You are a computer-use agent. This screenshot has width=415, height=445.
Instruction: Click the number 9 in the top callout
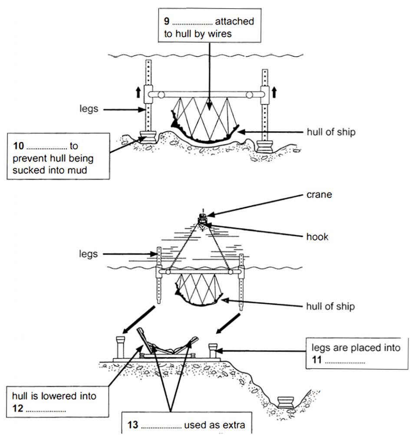(166, 21)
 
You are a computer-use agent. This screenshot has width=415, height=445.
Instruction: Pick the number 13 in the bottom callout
(132, 425)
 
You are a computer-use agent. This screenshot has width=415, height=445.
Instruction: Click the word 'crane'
(319, 195)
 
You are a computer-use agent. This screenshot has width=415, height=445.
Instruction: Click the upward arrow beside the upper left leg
(138, 92)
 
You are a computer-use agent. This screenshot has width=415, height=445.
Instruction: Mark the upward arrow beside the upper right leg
(274, 92)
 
